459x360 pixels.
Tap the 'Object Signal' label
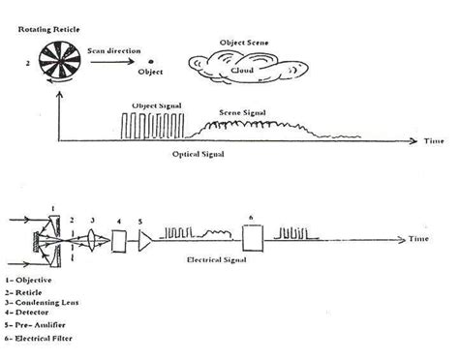coord(156,104)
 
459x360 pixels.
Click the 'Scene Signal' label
coord(241,113)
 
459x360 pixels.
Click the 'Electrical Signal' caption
coord(215,259)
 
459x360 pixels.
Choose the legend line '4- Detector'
coord(32,313)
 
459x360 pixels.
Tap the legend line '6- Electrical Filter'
coord(45,339)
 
